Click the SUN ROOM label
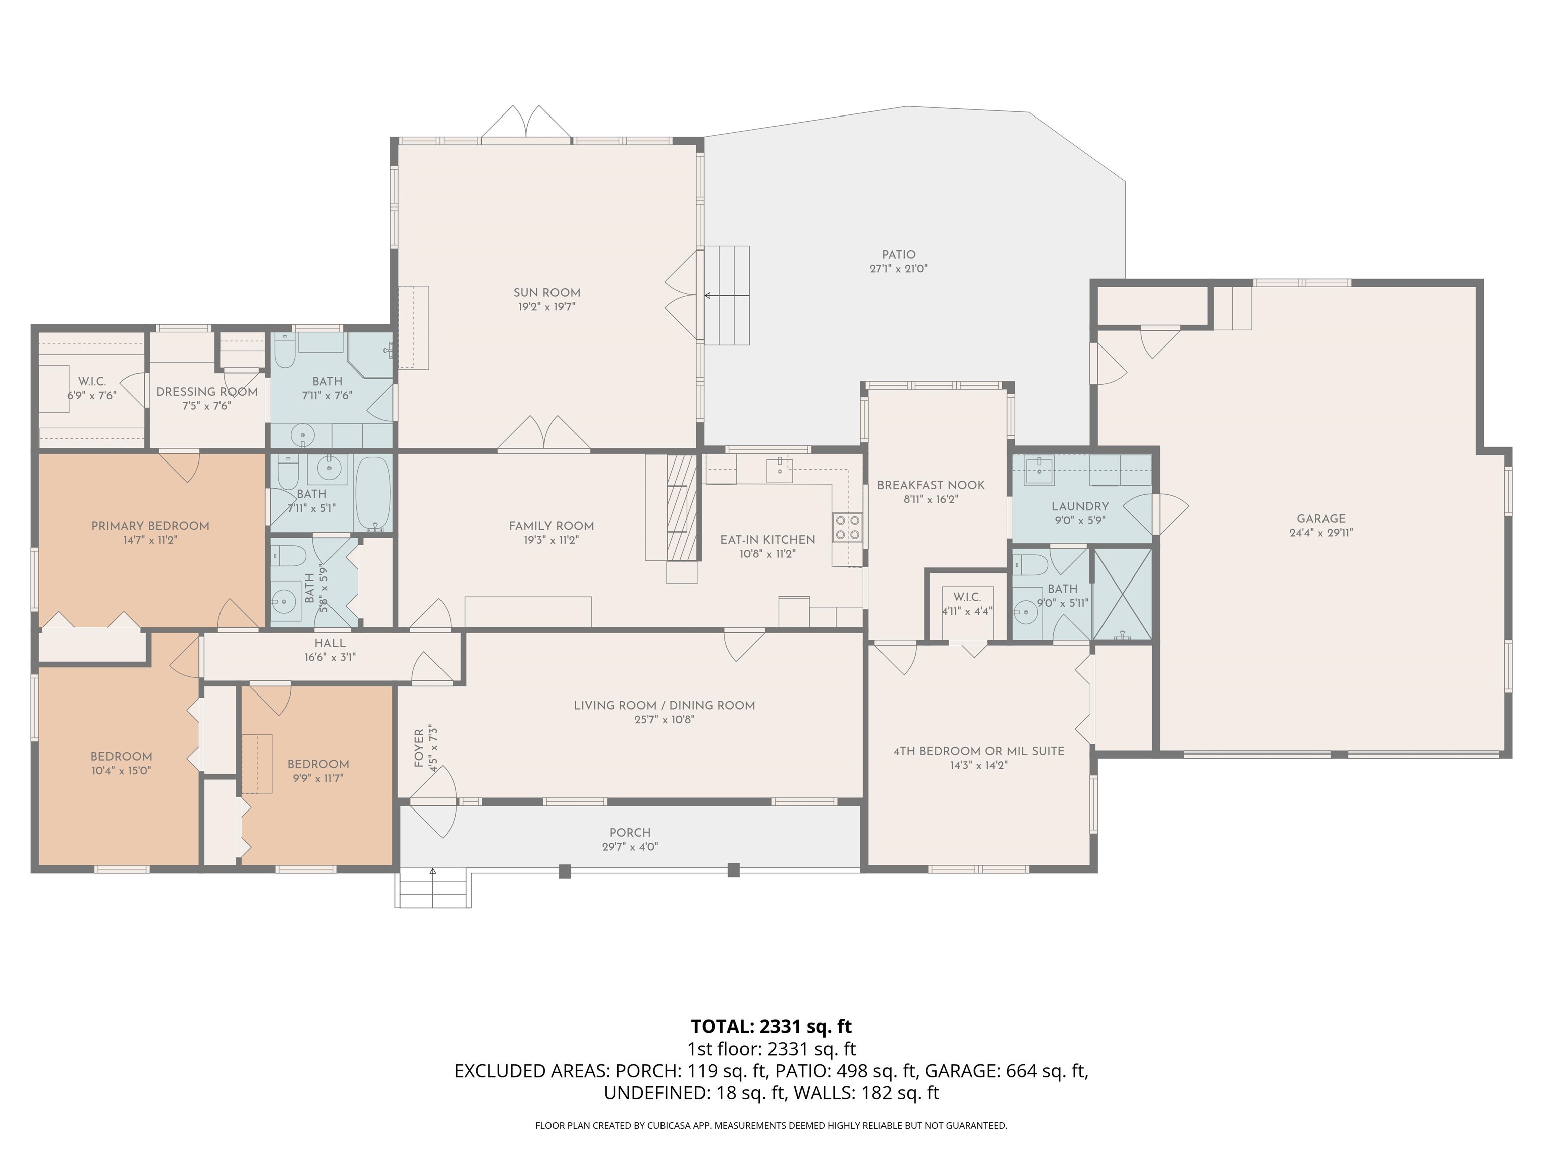point(547,293)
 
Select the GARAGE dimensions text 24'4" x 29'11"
point(1320,533)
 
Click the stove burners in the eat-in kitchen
point(847,527)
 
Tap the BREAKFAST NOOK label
point(931,485)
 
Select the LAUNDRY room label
point(1080,506)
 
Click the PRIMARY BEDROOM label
point(151,526)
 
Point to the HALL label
point(330,643)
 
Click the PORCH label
point(630,832)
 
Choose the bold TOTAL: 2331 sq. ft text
point(771,1026)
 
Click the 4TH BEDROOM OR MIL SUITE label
point(978,751)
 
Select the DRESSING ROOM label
point(206,392)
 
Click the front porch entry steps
point(432,888)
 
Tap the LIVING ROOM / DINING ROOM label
point(664,705)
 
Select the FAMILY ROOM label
point(551,526)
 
